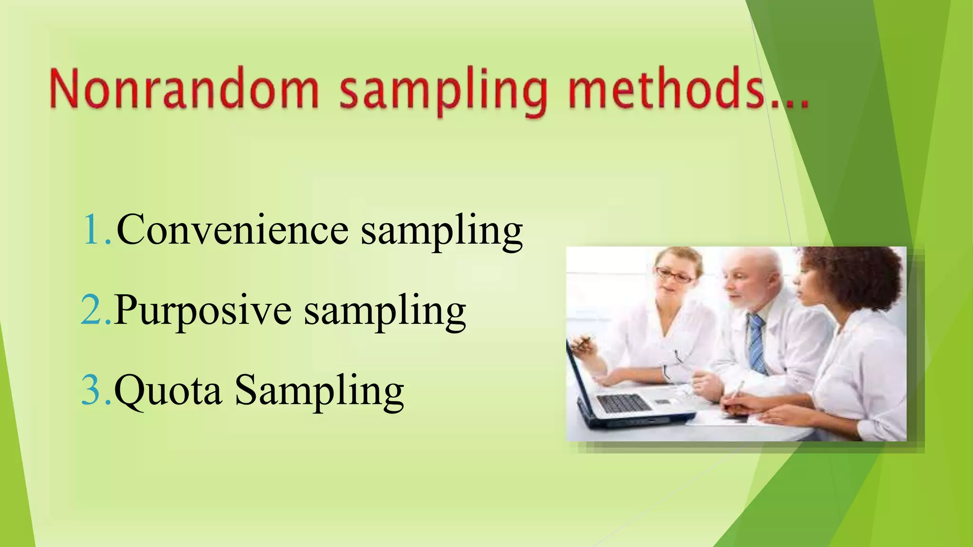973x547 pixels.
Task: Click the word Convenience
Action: pyautogui.click(x=232, y=230)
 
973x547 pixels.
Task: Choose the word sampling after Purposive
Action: pyautogui.click(x=385, y=311)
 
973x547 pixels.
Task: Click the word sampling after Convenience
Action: pyautogui.click(x=442, y=231)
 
